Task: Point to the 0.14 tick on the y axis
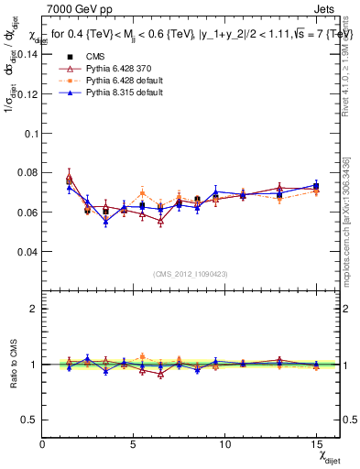[x=27, y=54]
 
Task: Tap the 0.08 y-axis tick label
[x=27, y=172]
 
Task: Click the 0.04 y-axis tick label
[x=27, y=251]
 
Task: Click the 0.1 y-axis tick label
[x=30, y=133]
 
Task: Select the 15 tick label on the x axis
[x=315, y=443]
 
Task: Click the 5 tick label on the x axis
[x=134, y=443]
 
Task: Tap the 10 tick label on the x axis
[x=224, y=443]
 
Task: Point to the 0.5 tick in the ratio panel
[x=30, y=420]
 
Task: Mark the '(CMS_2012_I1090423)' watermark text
[x=191, y=274]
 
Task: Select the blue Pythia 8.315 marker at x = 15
[x=315, y=186]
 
